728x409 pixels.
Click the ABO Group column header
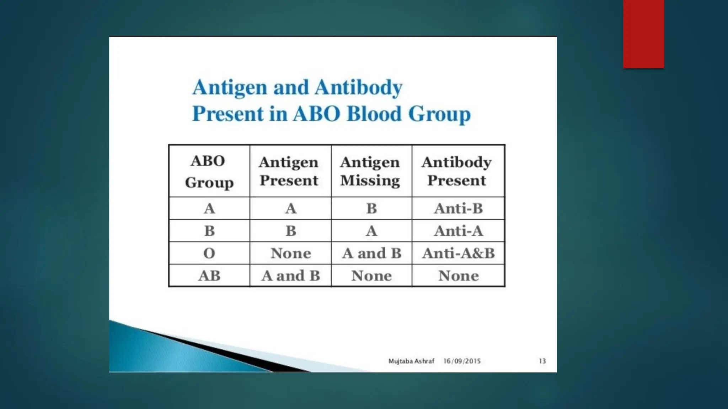pyautogui.click(x=209, y=171)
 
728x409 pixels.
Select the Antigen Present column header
pyautogui.click(x=289, y=171)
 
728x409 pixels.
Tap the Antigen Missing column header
pyautogui.click(x=370, y=171)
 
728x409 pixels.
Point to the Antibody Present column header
pyautogui.click(x=457, y=171)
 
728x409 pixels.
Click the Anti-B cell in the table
pyautogui.click(x=458, y=208)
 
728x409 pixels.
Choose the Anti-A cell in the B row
pyautogui.click(x=458, y=231)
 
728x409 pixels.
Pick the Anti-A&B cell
pyautogui.click(x=458, y=253)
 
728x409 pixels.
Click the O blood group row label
pyautogui.click(x=209, y=253)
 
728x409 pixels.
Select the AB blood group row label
pyautogui.click(x=209, y=276)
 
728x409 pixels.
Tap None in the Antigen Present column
pyautogui.click(x=290, y=253)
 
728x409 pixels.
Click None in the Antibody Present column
pyautogui.click(x=458, y=276)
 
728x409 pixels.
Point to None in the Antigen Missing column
pyautogui.click(x=371, y=276)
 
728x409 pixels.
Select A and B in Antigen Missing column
pyautogui.click(x=371, y=253)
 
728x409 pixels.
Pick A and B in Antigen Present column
pyautogui.click(x=290, y=276)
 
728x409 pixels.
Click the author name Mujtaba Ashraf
pyautogui.click(x=411, y=361)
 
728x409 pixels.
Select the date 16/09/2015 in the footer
pyautogui.click(x=462, y=361)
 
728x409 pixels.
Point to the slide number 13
pyautogui.click(x=542, y=361)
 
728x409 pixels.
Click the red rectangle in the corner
pyautogui.click(x=643, y=34)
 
